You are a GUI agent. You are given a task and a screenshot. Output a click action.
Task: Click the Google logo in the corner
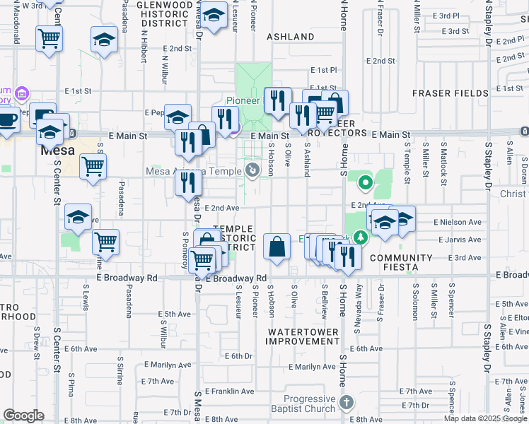[23, 416]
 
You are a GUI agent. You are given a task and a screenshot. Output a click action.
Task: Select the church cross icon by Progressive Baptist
[346, 402]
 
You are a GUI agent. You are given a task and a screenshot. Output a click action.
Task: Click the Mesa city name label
[57, 151]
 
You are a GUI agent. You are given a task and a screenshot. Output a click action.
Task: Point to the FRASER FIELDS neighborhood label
[450, 93]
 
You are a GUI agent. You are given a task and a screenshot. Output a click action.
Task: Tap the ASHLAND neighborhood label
[290, 37]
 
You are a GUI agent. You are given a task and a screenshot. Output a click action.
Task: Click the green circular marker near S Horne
[366, 184]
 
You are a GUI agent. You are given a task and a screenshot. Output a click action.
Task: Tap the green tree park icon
[361, 236]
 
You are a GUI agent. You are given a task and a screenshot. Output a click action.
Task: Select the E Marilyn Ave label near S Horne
[312, 367]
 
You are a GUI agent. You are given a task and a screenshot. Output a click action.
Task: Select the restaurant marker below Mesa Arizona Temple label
[189, 184]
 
